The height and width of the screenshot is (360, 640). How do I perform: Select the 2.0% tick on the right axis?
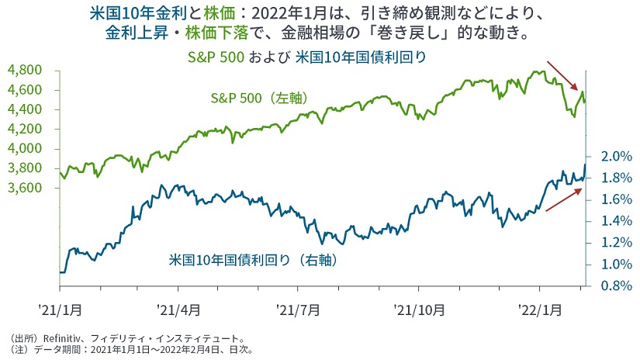(609, 157)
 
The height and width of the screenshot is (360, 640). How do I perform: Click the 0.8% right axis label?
(609, 286)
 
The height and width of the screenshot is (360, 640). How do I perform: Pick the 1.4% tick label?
(609, 221)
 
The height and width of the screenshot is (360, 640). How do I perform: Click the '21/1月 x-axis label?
(59, 309)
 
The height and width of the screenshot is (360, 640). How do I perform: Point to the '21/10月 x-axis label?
(419, 309)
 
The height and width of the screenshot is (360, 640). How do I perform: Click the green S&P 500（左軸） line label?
(261, 99)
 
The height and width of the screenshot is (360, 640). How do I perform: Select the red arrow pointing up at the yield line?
(562, 199)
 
